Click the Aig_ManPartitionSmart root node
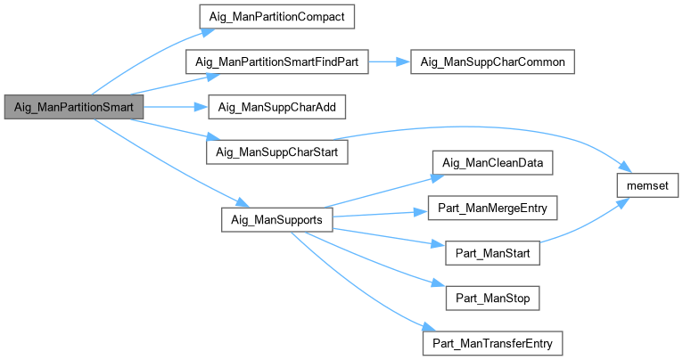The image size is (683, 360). (x=74, y=107)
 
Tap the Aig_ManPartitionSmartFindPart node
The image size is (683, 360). (x=276, y=62)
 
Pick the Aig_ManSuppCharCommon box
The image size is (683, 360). (x=491, y=62)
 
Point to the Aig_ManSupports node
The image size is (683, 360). (x=276, y=219)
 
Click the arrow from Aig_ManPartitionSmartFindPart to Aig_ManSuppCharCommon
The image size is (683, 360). (x=389, y=62)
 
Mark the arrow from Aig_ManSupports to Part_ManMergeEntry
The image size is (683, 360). (x=374, y=214)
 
